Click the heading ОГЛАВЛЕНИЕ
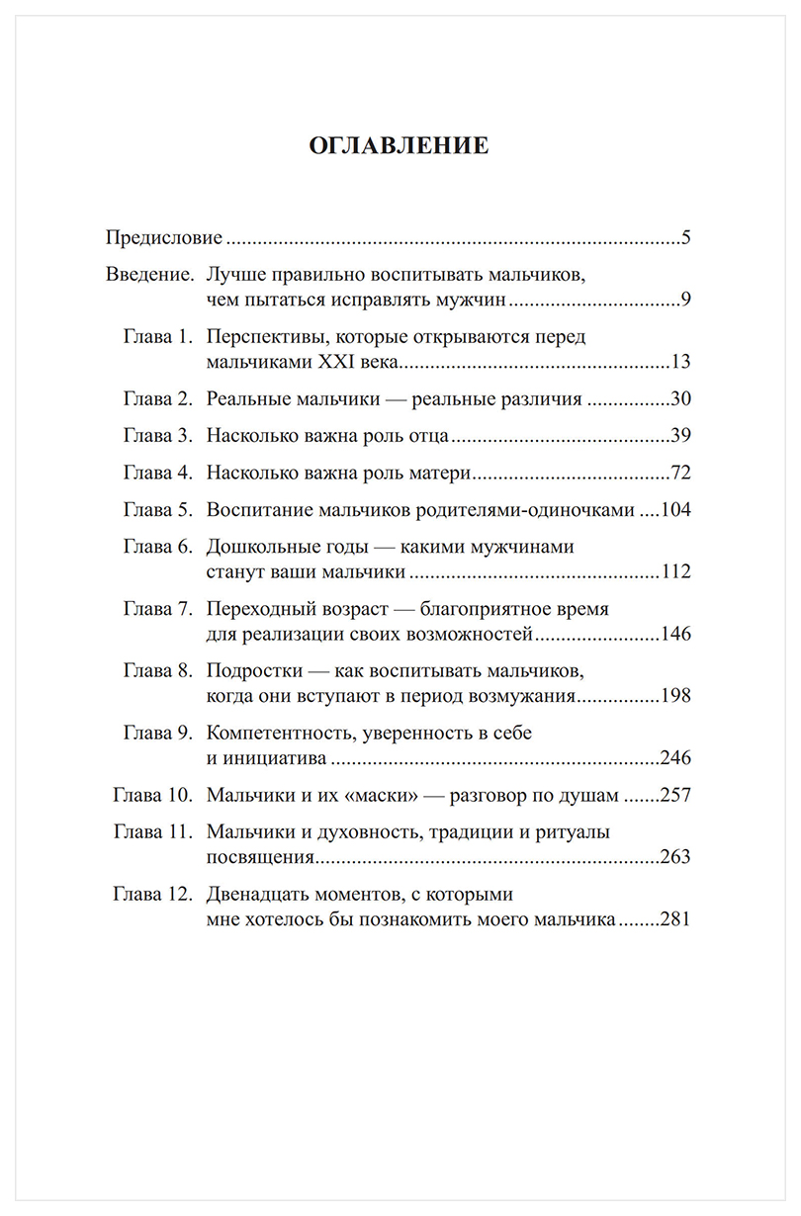tap(400, 146)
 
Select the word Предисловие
tap(163, 239)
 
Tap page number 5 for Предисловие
tap(684, 239)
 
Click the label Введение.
tap(149, 274)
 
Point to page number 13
tap(679, 362)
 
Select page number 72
tap(679, 474)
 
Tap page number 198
tap(674, 696)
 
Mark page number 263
tap(674, 857)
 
